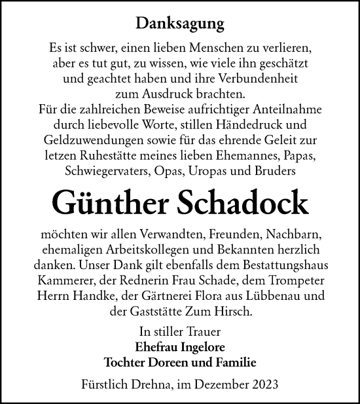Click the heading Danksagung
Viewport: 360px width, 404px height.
(180, 24)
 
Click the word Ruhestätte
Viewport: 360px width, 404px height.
(120, 155)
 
